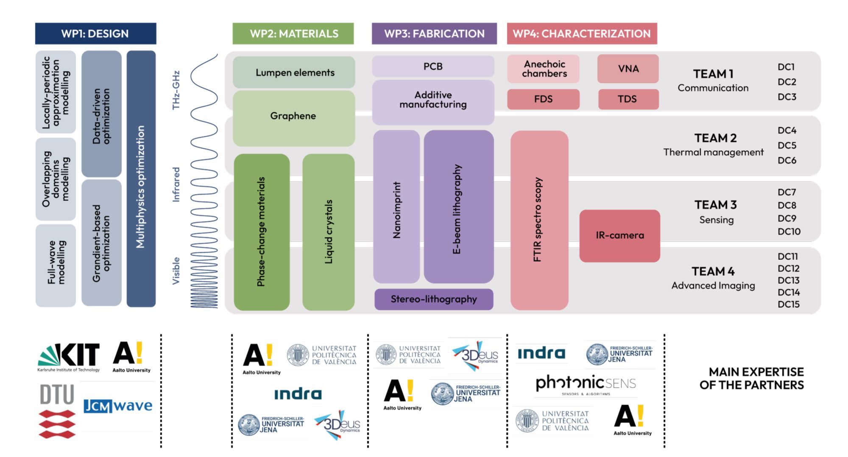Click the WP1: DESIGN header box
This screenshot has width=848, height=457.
click(95, 33)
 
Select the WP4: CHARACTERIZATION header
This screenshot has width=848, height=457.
click(582, 33)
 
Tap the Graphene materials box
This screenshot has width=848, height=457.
click(293, 116)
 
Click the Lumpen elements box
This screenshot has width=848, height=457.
click(294, 72)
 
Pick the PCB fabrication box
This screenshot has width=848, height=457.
click(433, 67)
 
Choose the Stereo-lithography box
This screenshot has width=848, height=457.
click(434, 299)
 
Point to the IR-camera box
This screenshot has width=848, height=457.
click(619, 235)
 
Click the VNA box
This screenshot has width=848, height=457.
click(628, 69)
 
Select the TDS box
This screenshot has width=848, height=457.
click(628, 99)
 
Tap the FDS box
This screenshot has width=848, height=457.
click(543, 99)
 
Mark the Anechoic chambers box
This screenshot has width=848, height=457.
click(544, 69)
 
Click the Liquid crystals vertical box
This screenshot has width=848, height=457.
click(329, 231)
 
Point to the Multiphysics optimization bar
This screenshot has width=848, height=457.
click(141, 187)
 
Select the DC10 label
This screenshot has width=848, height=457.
click(789, 231)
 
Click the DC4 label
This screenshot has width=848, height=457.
click(787, 131)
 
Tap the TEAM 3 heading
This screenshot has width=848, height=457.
click(715, 205)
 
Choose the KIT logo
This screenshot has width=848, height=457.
click(69, 356)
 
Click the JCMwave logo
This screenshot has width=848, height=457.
click(118, 406)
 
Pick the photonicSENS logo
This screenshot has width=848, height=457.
click(586, 384)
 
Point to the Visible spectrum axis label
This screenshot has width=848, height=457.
click(176, 271)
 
